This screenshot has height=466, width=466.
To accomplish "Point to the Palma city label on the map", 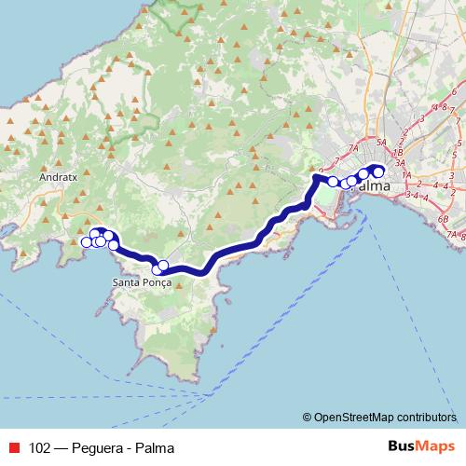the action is pos(373,186).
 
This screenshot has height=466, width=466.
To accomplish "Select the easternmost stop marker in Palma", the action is pos(378,170).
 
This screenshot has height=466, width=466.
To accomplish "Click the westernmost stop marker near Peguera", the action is pos(87,242).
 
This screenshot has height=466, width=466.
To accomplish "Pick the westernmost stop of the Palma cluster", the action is pos(333,181).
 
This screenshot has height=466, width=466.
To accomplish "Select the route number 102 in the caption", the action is pos(40,447).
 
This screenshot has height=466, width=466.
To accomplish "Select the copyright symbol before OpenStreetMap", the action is pos(308,417).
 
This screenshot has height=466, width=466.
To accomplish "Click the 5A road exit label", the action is pos(382,143).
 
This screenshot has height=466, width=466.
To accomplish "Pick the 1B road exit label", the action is pos(398,152).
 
